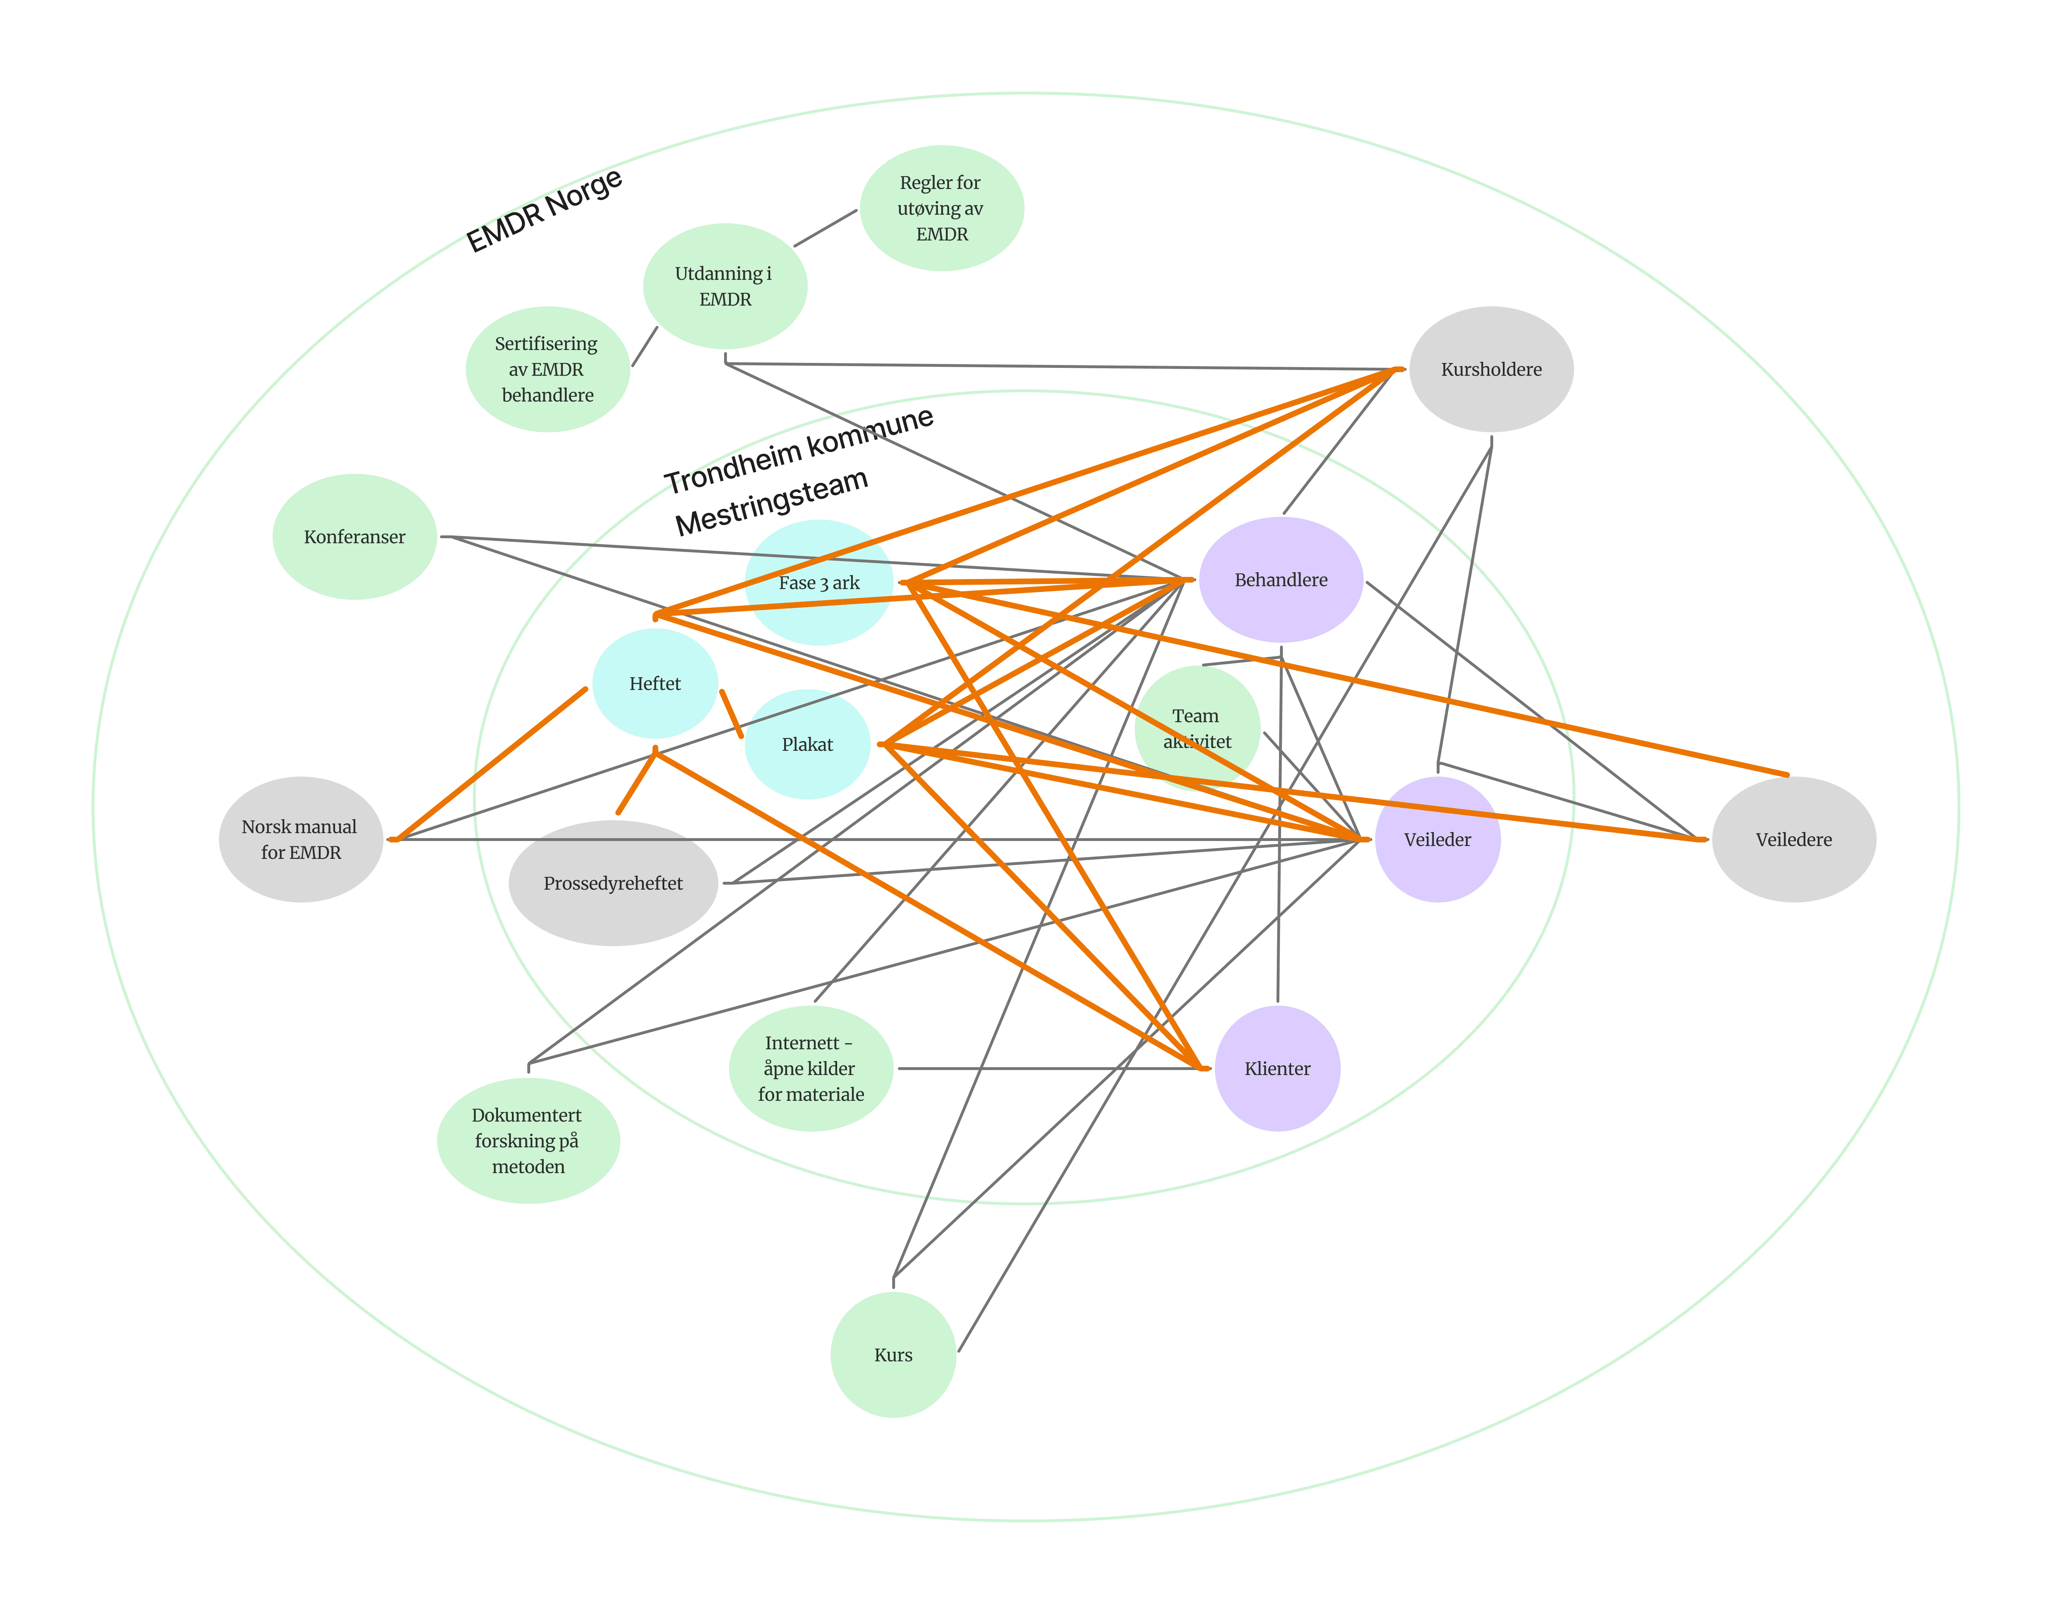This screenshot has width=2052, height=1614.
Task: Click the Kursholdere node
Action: [1491, 369]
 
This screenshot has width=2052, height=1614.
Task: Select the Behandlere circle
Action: [1281, 579]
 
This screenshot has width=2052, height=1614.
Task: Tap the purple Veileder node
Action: [1437, 839]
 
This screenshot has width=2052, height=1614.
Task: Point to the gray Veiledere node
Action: [1793, 839]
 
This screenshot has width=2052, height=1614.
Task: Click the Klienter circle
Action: [1277, 1069]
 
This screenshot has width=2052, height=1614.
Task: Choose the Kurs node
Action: [893, 1355]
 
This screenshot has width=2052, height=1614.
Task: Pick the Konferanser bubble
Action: [354, 537]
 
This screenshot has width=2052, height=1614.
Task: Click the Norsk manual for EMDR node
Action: [301, 839]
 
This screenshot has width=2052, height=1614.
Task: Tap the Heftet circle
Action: [655, 683]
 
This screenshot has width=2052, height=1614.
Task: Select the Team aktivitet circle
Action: [1197, 729]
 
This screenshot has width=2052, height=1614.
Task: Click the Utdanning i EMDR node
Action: [725, 286]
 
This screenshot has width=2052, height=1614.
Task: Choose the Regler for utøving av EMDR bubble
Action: [942, 208]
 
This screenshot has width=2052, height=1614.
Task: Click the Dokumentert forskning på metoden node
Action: [528, 1141]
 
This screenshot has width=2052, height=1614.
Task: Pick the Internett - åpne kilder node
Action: [811, 1069]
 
